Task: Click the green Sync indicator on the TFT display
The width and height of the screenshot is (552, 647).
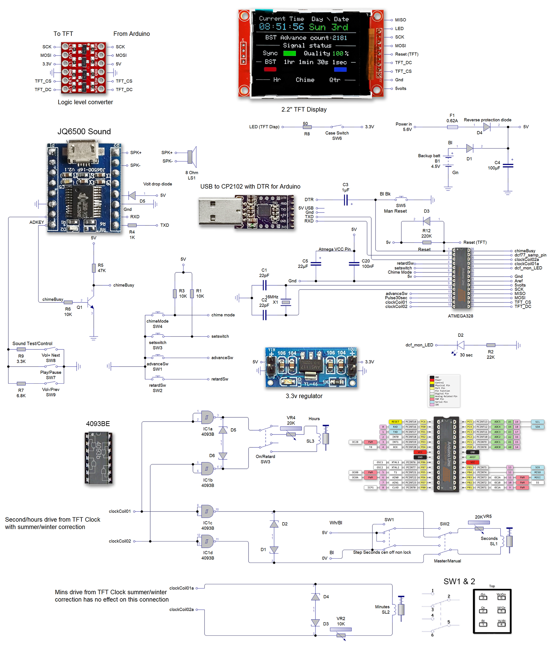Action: click(x=289, y=53)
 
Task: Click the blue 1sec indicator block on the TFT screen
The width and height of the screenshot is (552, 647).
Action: click(x=340, y=69)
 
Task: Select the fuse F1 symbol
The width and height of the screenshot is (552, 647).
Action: click(x=452, y=127)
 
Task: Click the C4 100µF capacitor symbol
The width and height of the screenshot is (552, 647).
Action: click(x=508, y=165)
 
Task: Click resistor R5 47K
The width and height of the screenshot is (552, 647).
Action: click(x=94, y=268)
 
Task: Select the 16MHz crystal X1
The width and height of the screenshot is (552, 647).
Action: click(x=286, y=302)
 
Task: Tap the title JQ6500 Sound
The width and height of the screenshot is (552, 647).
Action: click(x=84, y=131)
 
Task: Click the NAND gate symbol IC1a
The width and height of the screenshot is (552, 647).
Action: click(x=207, y=417)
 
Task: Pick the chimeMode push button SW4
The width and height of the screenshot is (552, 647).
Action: click(x=158, y=313)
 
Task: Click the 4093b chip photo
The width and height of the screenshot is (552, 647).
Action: click(x=99, y=458)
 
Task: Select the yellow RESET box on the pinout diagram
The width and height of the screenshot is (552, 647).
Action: click(x=395, y=422)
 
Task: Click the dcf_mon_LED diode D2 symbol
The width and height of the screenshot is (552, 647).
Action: click(x=461, y=345)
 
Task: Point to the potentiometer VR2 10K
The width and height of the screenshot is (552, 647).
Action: click(x=341, y=630)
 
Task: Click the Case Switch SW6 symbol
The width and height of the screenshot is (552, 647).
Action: click(x=337, y=126)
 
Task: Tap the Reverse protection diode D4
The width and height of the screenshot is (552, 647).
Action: click(x=486, y=127)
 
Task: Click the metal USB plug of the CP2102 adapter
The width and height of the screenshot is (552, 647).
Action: click(x=220, y=212)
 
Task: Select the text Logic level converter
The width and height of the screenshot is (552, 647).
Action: click(x=85, y=102)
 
